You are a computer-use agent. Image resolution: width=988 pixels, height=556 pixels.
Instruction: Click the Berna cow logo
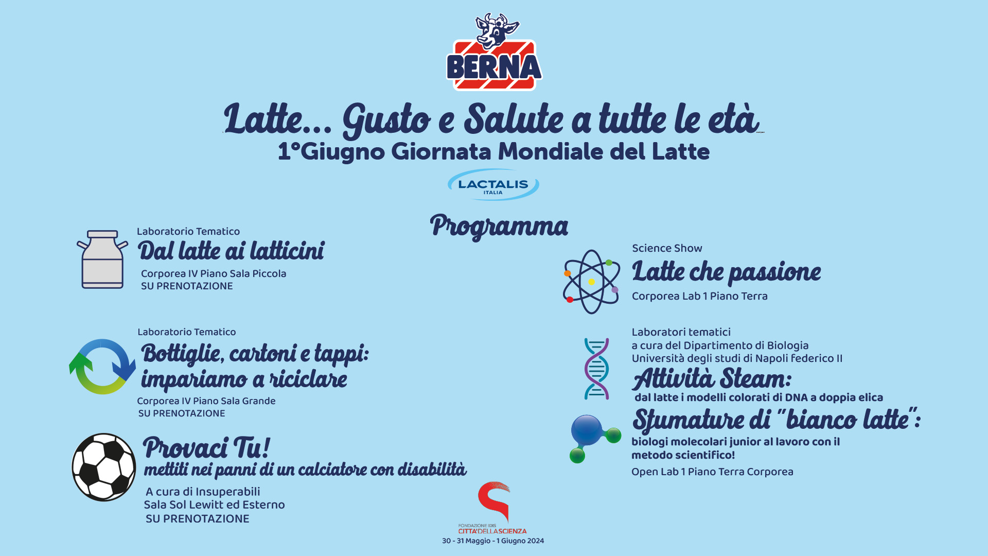click(x=494, y=52)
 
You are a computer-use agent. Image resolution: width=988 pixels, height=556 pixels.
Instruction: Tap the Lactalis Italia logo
click(x=493, y=185)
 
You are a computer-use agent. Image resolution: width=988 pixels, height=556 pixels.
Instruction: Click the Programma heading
click(x=499, y=227)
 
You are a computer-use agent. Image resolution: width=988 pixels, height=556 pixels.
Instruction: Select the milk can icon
click(x=102, y=259)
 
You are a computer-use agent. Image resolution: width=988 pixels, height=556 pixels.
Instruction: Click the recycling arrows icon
click(x=102, y=367)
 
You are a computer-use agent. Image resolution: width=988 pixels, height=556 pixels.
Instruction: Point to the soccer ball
click(x=104, y=467)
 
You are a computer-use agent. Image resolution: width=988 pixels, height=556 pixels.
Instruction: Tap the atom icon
click(x=591, y=282)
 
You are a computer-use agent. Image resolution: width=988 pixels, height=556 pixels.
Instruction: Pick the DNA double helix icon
click(x=596, y=369)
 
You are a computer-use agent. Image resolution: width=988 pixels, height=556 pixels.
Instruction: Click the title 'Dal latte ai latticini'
click(x=231, y=251)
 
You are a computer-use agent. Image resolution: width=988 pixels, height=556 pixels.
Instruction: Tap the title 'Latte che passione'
click(x=727, y=271)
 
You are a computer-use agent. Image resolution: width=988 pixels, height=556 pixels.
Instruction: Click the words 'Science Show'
click(x=667, y=248)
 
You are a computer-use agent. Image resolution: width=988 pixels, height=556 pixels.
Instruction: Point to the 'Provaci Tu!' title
click(x=206, y=447)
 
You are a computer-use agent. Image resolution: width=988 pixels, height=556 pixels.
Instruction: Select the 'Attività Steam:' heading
click(x=712, y=379)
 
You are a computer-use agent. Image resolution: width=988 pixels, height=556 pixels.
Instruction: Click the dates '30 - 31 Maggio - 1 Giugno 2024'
click(x=493, y=541)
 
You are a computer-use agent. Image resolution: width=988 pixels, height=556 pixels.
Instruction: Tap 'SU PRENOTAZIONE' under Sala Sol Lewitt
click(x=198, y=519)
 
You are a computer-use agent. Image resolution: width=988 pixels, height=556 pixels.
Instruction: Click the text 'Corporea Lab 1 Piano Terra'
click(x=700, y=296)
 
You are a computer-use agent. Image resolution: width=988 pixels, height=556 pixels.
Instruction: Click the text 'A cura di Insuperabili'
click(x=203, y=492)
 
